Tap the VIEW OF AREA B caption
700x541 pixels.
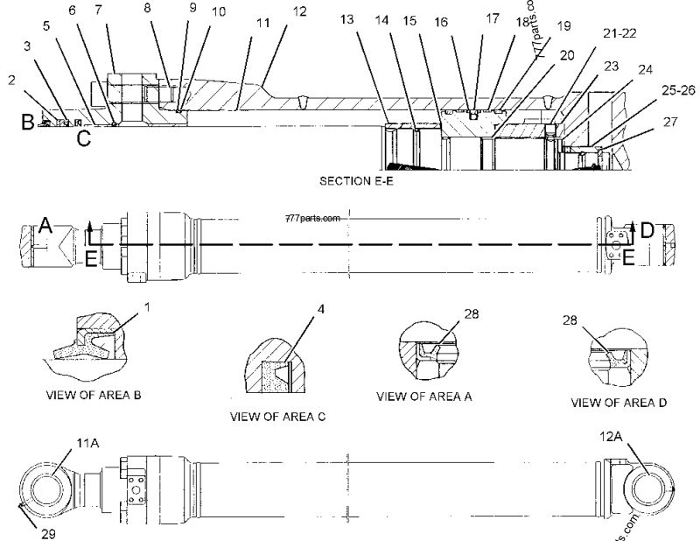tap(93, 394)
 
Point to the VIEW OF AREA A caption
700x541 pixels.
tap(424, 396)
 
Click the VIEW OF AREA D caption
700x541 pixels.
tap(619, 403)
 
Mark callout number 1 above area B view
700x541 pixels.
tap(146, 307)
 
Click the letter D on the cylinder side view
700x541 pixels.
tap(647, 230)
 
